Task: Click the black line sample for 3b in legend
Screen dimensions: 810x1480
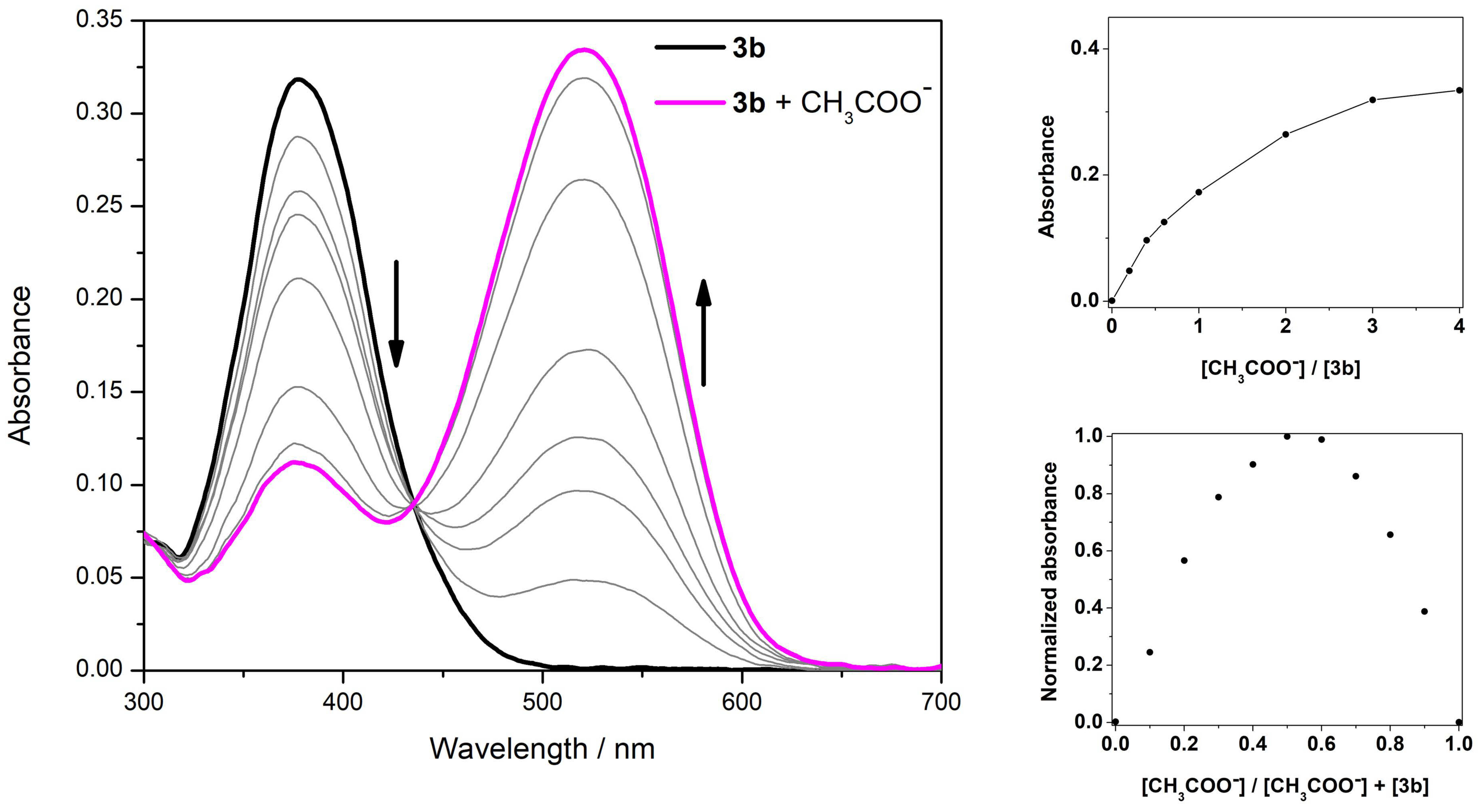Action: click(689, 48)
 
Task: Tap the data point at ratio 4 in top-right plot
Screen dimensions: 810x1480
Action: click(1459, 90)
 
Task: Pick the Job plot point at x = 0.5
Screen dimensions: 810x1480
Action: click(1287, 436)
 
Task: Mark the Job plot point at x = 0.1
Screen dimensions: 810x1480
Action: click(1150, 652)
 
